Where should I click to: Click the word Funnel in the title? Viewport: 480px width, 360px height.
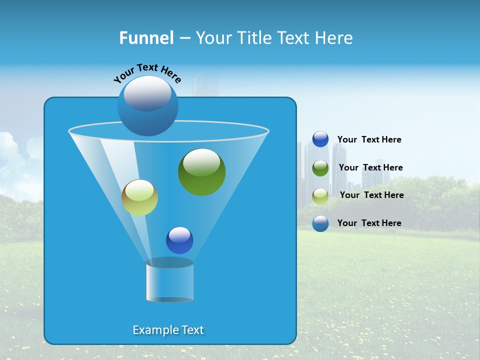click(146, 38)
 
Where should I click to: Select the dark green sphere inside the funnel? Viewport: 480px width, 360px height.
click(201, 172)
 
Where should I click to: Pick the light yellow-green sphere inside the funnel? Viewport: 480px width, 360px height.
click(139, 197)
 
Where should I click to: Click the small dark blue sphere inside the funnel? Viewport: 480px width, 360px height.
click(179, 240)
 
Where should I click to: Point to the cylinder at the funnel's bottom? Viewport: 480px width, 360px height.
click(169, 280)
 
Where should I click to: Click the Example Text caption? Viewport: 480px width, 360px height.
click(168, 330)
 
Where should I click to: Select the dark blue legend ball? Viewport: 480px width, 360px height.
click(320, 139)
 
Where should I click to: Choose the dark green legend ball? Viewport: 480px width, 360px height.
click(320, 168)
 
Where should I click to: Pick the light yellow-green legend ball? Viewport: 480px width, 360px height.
click(320, 195)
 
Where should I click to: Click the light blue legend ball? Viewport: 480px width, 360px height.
click(320, 223)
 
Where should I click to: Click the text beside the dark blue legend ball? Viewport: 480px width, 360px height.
click(369, 140)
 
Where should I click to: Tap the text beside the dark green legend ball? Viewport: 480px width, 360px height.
click(370, 168)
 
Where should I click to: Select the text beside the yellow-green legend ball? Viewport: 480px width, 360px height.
click(371, 195)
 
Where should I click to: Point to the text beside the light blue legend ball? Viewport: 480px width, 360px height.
click(369, 223)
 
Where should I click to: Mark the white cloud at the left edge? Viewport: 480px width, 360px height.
click(12, 155)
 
